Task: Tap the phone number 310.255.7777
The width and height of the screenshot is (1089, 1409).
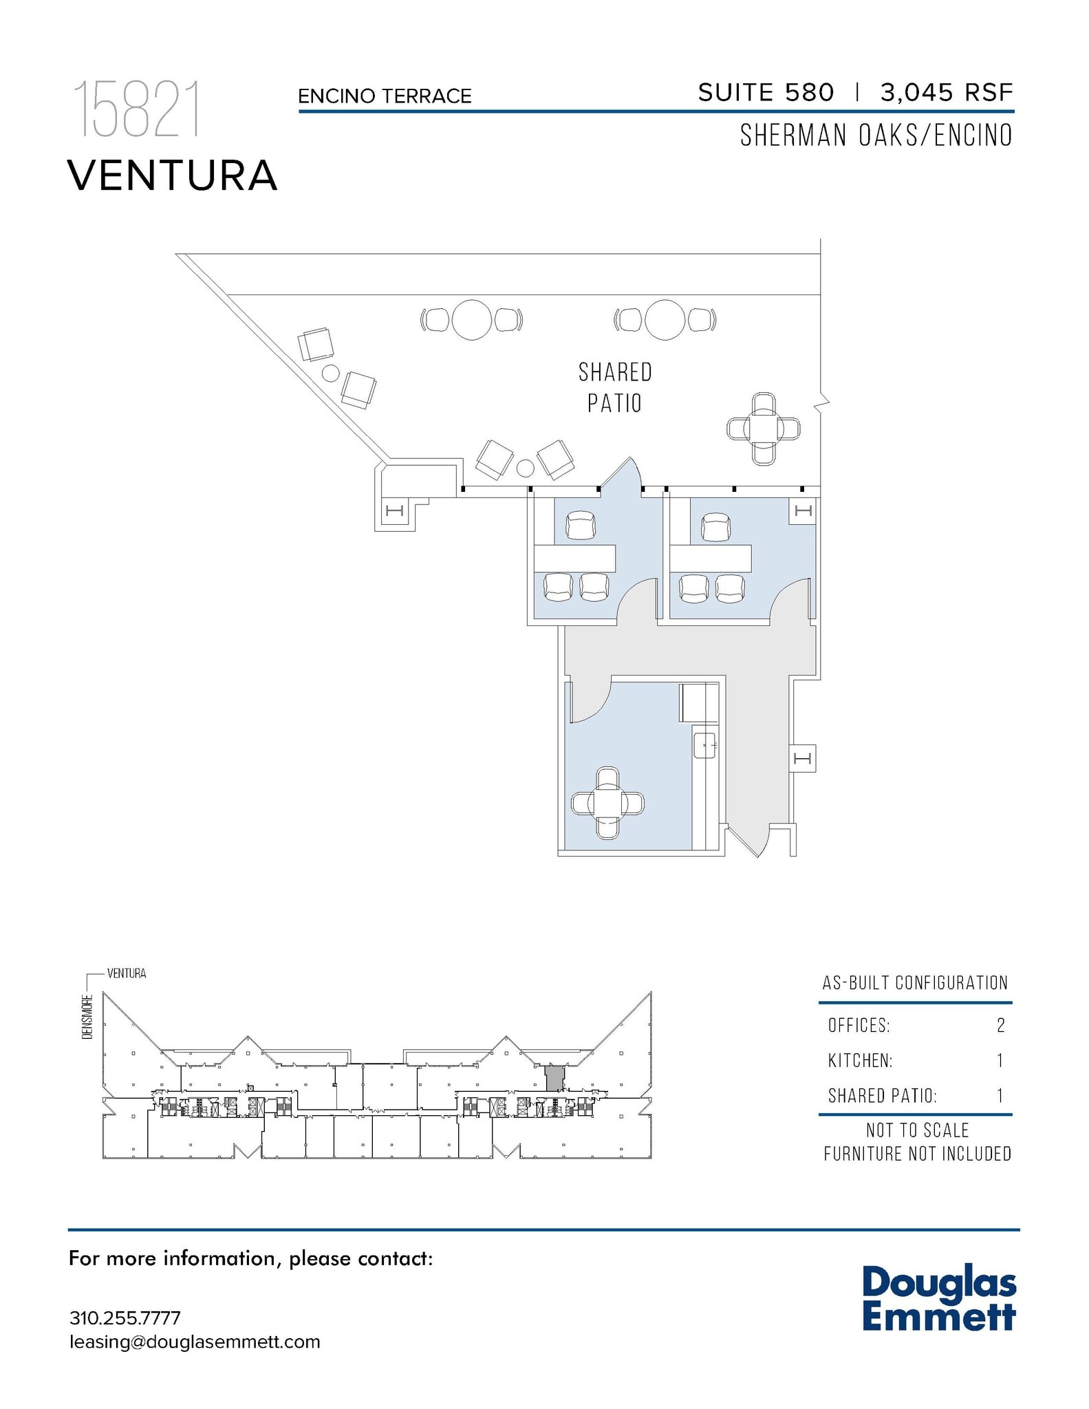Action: click(125, 1318)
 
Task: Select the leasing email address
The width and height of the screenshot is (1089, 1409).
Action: click(195, 1342)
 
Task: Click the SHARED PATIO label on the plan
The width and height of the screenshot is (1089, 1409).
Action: click(615, 388)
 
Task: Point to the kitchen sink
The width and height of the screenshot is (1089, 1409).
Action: click(705, 745)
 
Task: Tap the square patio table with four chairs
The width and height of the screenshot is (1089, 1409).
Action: click(764, 429)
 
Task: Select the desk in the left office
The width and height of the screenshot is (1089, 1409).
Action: click(575, 558)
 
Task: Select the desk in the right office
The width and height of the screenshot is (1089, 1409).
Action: click(711, 558)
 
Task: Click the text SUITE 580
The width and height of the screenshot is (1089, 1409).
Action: click(766, 92)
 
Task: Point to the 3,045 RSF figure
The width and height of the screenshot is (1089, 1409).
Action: click(947, 92)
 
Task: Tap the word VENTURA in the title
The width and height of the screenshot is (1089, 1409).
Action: click(172, 175)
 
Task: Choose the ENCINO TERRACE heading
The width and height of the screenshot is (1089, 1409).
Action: click(385, 96)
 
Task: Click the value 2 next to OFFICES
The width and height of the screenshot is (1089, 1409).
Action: click(1001, 1026)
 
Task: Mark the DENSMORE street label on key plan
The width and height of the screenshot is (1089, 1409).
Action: click(87, 1017)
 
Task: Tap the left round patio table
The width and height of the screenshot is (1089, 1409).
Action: click(472, 320)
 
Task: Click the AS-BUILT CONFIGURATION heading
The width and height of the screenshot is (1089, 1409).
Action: click(915, 982)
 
